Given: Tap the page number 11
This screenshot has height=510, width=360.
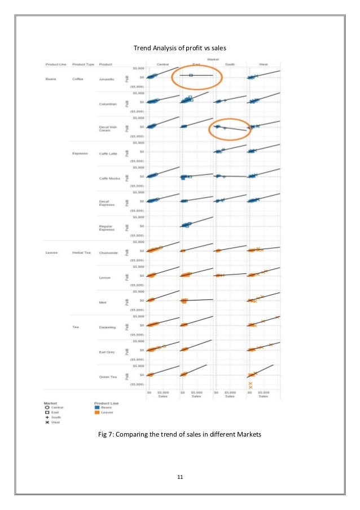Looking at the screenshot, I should click(x=179, y=477).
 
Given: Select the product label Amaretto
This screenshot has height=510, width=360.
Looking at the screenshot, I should click(x=107, y=79).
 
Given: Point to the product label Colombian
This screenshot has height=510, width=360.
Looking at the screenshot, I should click(x=107, y=104).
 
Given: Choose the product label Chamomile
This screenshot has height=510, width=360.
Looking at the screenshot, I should click(x=108, y=253).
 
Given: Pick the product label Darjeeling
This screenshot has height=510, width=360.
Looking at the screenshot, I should click(x=107, y=327).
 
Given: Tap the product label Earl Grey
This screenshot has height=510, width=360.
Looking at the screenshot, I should click(x=107, y=352).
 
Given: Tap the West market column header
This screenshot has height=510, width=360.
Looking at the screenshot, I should click(x=263, y=64).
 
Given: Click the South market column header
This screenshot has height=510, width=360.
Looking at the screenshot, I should click(x=230, y=64).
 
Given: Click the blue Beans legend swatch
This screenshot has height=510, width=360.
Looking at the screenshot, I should click(x=97, y=407).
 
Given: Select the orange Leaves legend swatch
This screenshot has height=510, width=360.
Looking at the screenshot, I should click(x=97, y=412).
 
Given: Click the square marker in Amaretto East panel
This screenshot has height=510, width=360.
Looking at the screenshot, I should click(x=191, y=75).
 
